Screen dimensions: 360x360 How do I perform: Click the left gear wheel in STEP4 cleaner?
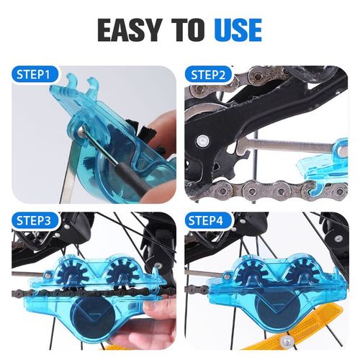[x=249, y=275]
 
